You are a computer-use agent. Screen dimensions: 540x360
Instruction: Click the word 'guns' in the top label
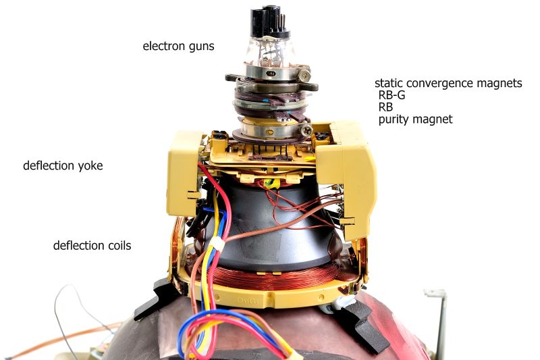[x=201, y=47]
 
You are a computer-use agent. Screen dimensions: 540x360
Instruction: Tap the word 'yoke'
[x=90, y=166]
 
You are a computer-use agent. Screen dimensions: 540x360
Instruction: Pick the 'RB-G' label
[x=391, y=95]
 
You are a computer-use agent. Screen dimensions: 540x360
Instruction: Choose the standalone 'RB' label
[x=385, y=107]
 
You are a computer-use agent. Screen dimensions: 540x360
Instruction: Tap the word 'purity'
[x=393, y=120]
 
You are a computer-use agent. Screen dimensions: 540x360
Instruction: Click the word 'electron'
[x=164, y=46]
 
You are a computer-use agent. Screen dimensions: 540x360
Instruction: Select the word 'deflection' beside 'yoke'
[x=49, y=165]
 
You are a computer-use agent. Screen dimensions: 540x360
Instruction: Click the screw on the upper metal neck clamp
[x=304, y=75]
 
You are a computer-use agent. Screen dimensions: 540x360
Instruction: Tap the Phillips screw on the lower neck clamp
[x=306, y=130]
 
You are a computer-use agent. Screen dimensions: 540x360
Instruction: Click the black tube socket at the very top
[x=269, y=22]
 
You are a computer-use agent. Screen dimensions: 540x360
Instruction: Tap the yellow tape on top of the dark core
[x=271, y=184]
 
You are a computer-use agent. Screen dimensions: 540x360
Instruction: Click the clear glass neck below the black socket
[x=271, y=51]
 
